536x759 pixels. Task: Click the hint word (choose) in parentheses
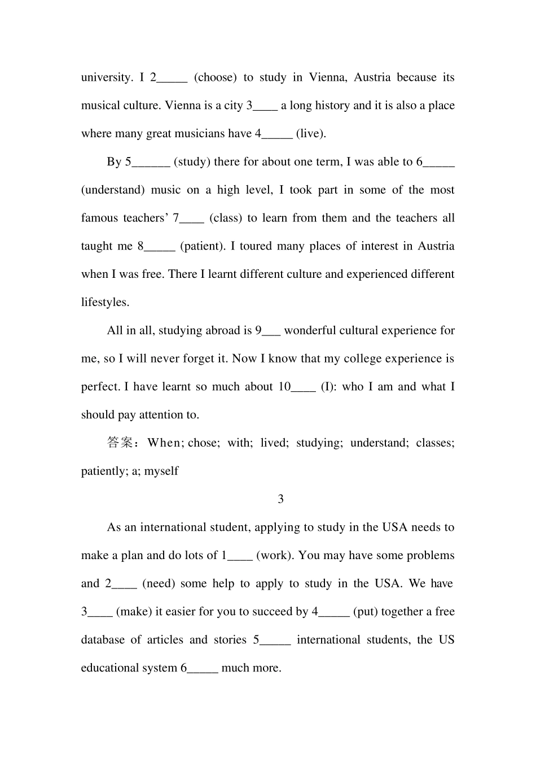[215, 77]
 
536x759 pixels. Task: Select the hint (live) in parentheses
[311, 134]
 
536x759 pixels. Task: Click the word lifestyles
[105, 303]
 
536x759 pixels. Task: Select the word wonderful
[310, 330]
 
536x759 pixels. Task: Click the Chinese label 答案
[120, 443]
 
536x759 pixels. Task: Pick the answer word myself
[161, 471]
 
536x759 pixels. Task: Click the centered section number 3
[281, 499]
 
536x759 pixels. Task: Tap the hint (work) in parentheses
[274, 555]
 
